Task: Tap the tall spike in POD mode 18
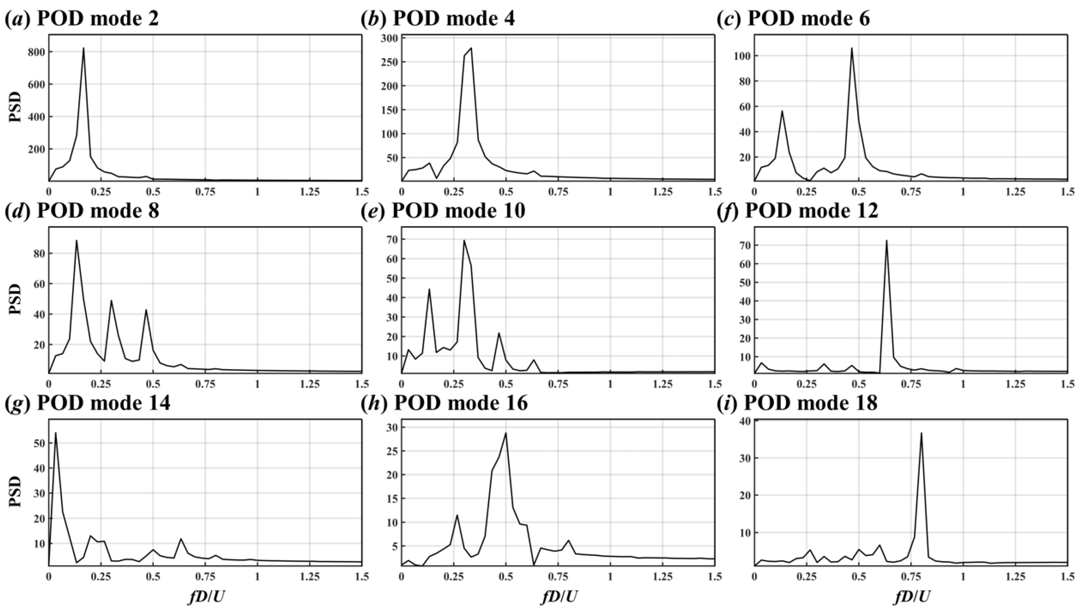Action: [x=921, y=433]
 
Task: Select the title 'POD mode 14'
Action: [x=103, y=403]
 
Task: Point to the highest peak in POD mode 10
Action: [x=464, y=240]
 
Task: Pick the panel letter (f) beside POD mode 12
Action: [x=728, y=211]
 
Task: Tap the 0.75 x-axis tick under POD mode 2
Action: [x=205, y=192]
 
